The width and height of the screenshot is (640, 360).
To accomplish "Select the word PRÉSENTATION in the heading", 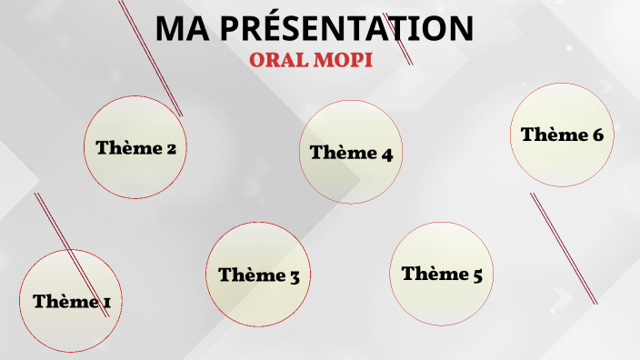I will tap(347, 29).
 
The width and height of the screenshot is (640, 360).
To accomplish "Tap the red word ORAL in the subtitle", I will tap(281, 59).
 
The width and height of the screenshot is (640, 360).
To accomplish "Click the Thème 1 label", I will tap(71, 301).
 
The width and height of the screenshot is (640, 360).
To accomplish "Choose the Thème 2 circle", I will tap(135, 147).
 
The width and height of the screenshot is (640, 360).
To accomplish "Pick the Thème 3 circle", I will tap(258, 274).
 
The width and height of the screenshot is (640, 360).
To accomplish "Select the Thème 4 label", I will tap(350, 153).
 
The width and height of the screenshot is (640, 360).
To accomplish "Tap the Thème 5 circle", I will tap(441, 273).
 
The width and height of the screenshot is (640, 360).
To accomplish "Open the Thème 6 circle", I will tap(562, 135).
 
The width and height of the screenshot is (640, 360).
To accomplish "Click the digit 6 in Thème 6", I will tap(597, 135).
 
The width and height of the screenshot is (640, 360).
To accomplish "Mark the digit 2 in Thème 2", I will tap(170, 148).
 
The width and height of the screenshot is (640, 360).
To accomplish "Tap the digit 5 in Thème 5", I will tap(476, 274).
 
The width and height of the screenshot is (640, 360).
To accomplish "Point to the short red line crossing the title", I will tap(397, 39).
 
